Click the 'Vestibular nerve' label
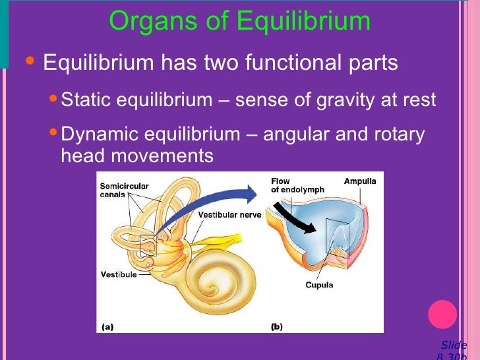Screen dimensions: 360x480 pos(229,215)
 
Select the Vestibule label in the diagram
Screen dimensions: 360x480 pos(119,274)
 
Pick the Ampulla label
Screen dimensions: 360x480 pos(360,181)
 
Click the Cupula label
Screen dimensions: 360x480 pos(319,285)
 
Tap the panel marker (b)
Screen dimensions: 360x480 pos(278,326)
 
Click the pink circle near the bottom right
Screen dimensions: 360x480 pos(442,314)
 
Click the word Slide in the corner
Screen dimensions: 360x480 pos(454,345)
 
